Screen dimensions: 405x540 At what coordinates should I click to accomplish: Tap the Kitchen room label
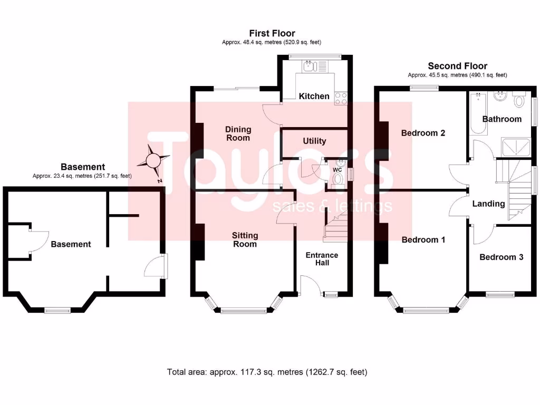314,96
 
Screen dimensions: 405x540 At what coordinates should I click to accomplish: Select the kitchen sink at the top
309,66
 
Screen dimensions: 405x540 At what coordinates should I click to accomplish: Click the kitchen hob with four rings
341,98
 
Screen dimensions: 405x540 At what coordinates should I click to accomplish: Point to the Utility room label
314,141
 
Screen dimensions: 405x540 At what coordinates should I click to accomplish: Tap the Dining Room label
238,133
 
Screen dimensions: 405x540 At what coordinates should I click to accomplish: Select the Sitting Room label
245,239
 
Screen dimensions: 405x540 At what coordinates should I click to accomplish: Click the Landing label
488,204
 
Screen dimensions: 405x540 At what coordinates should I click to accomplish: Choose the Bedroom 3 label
501,257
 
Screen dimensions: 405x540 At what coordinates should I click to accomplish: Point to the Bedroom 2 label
423,133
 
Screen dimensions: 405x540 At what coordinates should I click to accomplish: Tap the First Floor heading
272,34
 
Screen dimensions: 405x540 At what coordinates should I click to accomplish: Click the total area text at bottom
267,372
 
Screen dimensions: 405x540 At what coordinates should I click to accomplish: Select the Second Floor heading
457,66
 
